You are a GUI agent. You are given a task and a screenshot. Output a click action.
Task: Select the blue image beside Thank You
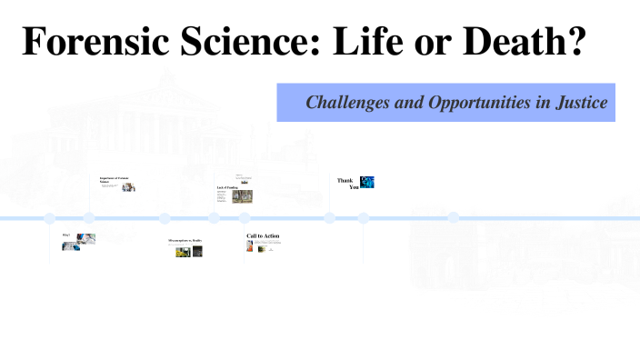click(x=367, y=182)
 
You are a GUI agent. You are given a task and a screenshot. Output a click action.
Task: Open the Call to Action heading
click(x=263, y=236)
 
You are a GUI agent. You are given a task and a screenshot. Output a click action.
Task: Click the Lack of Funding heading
click(x=227, y=187)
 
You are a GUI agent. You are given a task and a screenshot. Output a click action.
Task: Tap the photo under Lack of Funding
click(x=242, y=195)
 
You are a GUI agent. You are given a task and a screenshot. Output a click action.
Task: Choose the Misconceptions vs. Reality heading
click(x=185, y=241)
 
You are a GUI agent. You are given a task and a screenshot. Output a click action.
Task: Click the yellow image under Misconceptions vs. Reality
click(x=183, y=251)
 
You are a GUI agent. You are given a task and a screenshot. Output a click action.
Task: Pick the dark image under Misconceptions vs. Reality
click(x=197, y=251)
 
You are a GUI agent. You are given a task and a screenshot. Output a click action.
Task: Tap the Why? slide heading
click(x=66, y=235)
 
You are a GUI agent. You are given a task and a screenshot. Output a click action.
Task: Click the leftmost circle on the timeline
click(x=50, y=218)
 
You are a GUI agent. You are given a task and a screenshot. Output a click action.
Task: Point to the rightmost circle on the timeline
click(x=454, y=218)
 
